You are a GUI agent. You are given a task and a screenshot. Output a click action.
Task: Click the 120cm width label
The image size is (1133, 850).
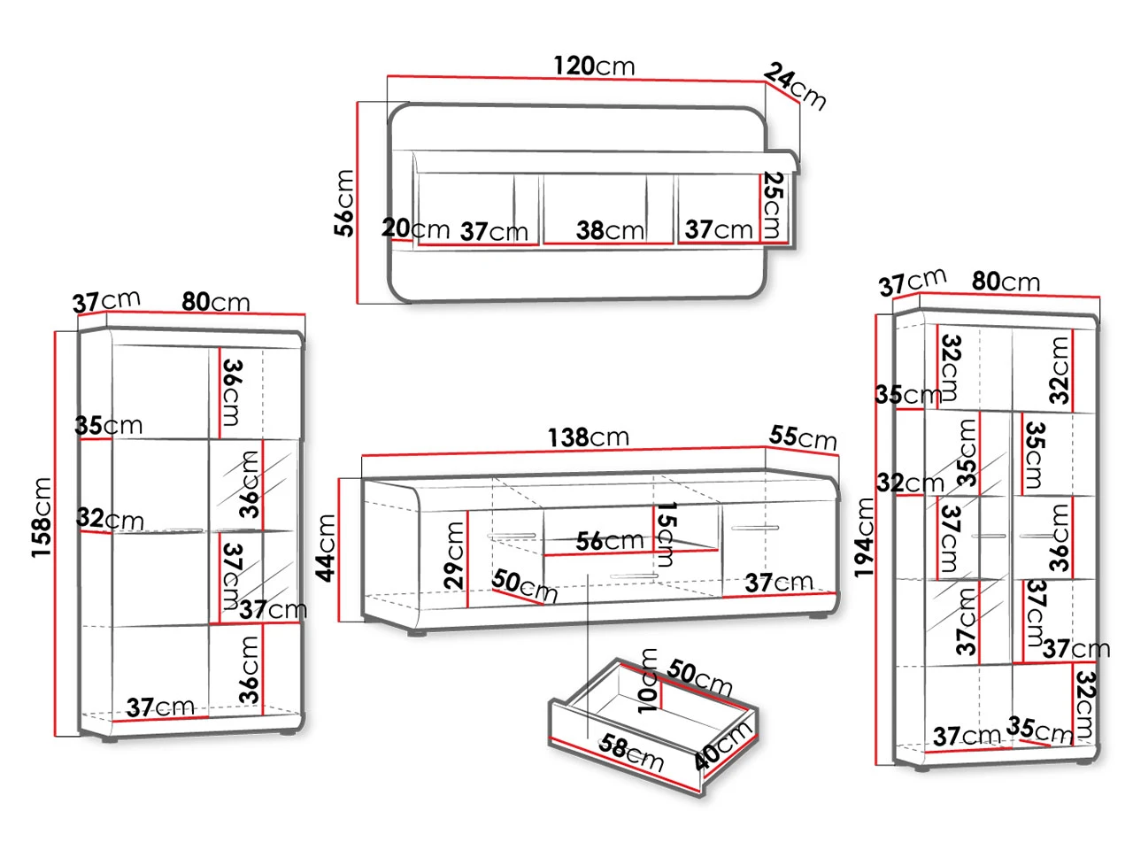pos(594,66)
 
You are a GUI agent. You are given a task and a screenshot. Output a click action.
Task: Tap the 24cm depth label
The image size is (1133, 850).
pos(795,86)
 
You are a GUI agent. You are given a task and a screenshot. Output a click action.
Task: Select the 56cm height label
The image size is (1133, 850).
pos(343,204)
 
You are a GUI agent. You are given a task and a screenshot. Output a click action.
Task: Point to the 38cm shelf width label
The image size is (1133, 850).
pos(610,230)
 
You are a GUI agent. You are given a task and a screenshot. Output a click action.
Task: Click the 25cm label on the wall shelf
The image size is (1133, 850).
pos(773,205)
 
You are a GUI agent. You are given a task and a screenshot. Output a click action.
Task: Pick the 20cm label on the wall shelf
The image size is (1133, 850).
pos(415,228)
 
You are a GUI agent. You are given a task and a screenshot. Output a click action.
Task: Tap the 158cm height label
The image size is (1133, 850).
pos(42,518)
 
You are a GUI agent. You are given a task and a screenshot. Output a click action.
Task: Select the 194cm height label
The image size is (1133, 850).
pos(864,537)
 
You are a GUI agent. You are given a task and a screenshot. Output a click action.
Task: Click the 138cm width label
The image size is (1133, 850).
pos(589,437)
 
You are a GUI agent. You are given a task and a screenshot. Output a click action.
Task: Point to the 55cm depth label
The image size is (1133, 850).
pos(803,437)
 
